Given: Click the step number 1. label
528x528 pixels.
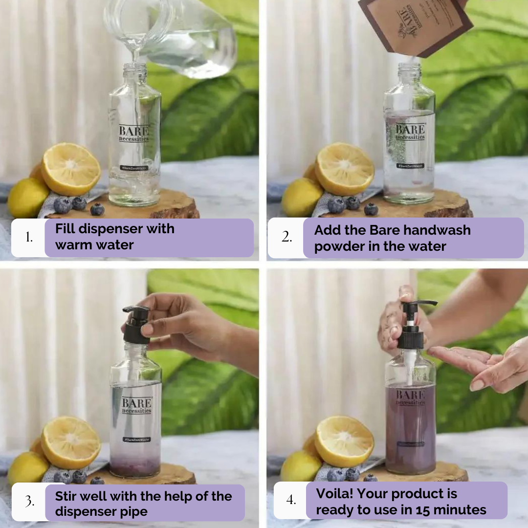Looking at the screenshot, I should click(x=29, y=238).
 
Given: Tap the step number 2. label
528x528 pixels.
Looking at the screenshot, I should click(x=286, y=238).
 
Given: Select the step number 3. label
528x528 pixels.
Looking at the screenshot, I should click(x=29, y=502).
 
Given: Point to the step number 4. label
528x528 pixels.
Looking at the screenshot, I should click(x=291, y=500).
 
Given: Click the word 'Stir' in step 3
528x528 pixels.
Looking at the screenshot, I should click(x=67, y=496).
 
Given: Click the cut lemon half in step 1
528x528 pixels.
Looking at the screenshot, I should click(x=71, y=169).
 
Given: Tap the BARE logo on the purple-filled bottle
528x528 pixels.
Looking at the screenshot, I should click(x=410, y=395).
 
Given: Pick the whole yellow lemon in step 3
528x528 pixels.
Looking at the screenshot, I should click(x=27, y=467).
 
